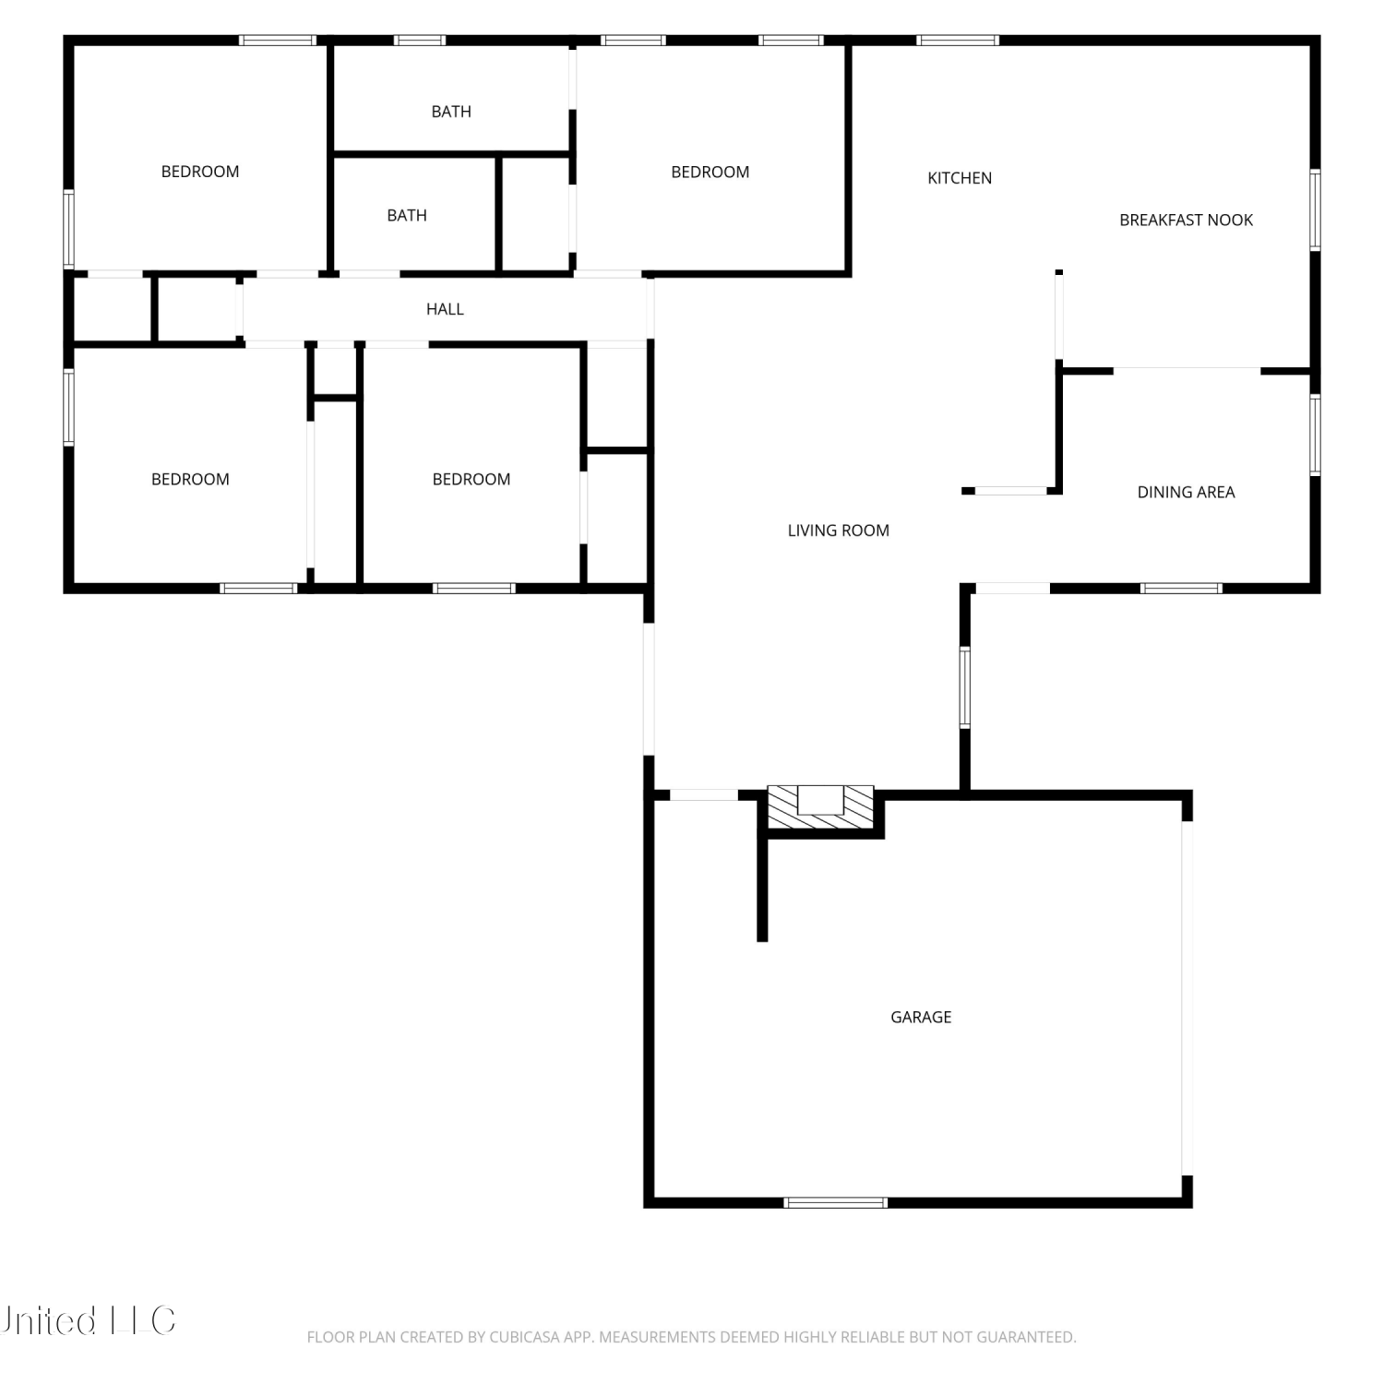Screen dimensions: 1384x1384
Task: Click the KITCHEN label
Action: pos(960,178)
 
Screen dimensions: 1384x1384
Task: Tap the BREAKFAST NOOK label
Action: pos(1186,220)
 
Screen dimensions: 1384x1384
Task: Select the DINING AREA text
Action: pos(1186,492)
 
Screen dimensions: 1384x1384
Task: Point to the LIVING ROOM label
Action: pos(838,531)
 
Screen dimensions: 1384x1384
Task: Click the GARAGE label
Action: pos(921,1017)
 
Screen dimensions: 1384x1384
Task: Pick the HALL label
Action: pos(445,309)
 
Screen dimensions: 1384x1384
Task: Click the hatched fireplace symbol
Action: pos(821,806)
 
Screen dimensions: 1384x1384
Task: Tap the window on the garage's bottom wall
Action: pos(835,1202)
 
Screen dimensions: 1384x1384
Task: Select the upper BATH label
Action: pos(451,112)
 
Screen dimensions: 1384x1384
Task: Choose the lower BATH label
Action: pos(407,216)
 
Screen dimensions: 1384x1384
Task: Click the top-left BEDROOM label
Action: pos(200,172)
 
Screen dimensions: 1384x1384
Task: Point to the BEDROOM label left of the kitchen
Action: pos(710,172)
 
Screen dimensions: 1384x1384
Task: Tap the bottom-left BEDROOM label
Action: pos(190,479)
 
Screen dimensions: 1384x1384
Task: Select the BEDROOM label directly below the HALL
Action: pos(471,479)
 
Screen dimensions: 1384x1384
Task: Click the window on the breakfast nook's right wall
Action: pos(1315,209)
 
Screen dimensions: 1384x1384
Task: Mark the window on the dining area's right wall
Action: pos(1315,435)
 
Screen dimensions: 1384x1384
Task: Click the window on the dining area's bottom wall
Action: pos(1182,588)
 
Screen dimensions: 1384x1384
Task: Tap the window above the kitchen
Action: pos(958,41)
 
